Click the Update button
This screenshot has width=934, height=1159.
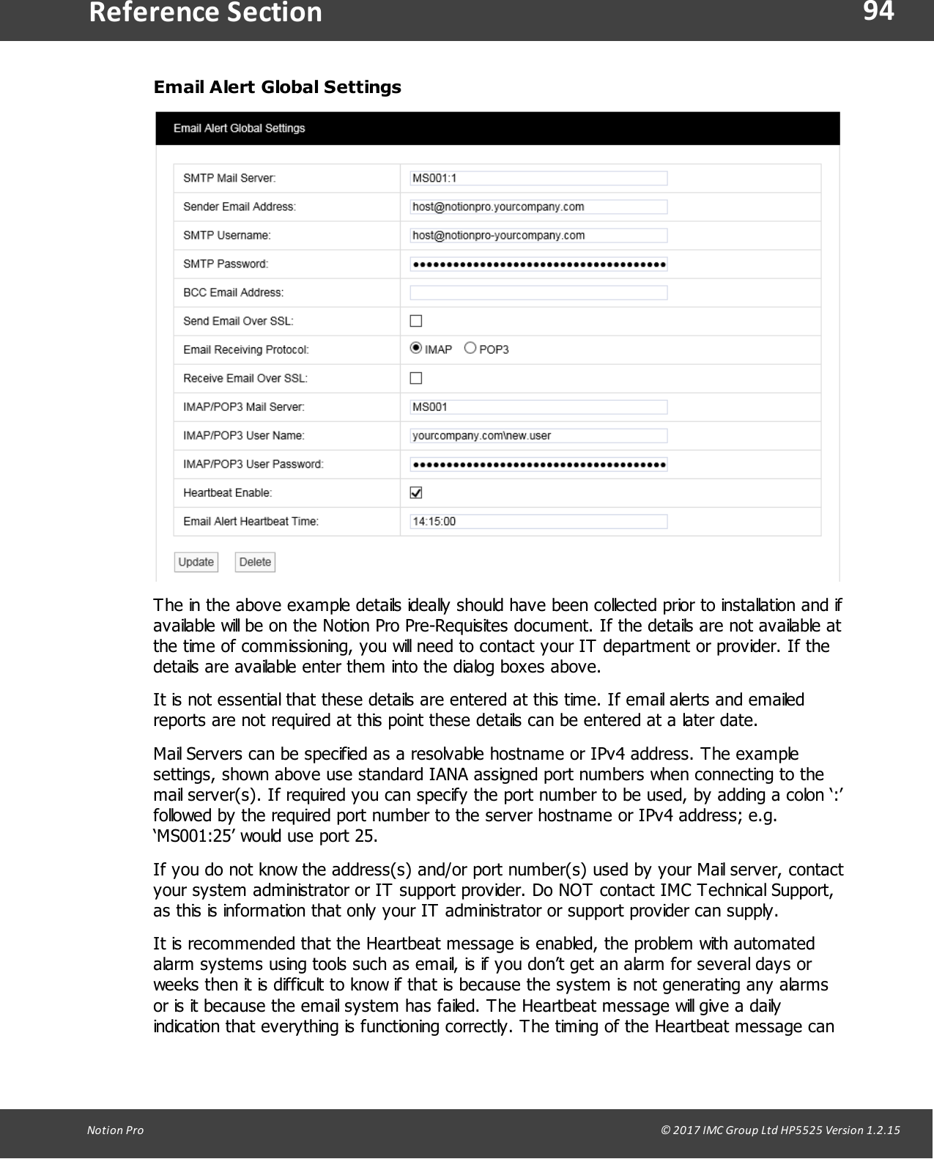[196, 562]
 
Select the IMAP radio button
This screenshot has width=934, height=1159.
[416, 349]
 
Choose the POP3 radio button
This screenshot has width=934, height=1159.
[470, 349]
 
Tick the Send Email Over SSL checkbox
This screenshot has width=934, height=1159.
[416, 321]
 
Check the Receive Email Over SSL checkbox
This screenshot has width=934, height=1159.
[416, 378]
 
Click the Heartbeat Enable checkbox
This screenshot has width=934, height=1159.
[416, 493]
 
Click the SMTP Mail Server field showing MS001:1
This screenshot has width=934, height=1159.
[538, 178]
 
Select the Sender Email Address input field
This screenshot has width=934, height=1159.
[538, 207]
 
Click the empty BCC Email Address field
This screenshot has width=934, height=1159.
[538, 292]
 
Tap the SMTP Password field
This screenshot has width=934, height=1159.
[538, 264]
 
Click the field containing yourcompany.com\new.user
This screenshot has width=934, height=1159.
[538, 436]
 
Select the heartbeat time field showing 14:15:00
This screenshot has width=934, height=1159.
[538, 522]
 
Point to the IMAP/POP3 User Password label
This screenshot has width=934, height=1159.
[253, 464]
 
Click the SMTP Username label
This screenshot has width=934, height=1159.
[227, 235]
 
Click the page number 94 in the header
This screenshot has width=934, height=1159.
[878, 12]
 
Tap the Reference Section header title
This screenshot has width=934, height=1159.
[205, 13]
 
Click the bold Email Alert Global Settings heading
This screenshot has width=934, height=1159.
[277, 87]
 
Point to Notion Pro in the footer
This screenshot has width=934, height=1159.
[115, 1130]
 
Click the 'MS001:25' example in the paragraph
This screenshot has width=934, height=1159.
[193, 836]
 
